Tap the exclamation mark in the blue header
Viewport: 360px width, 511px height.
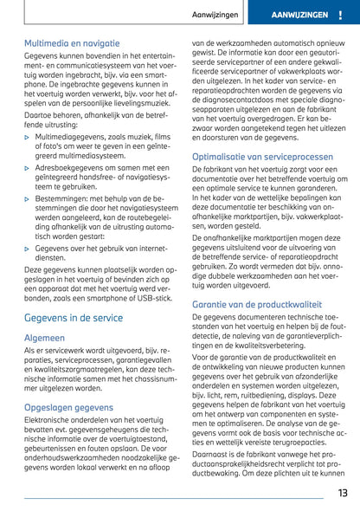(339, 16)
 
